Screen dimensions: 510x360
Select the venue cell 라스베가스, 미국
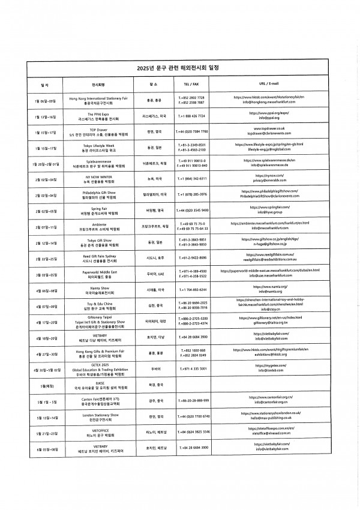click(154, 115)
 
